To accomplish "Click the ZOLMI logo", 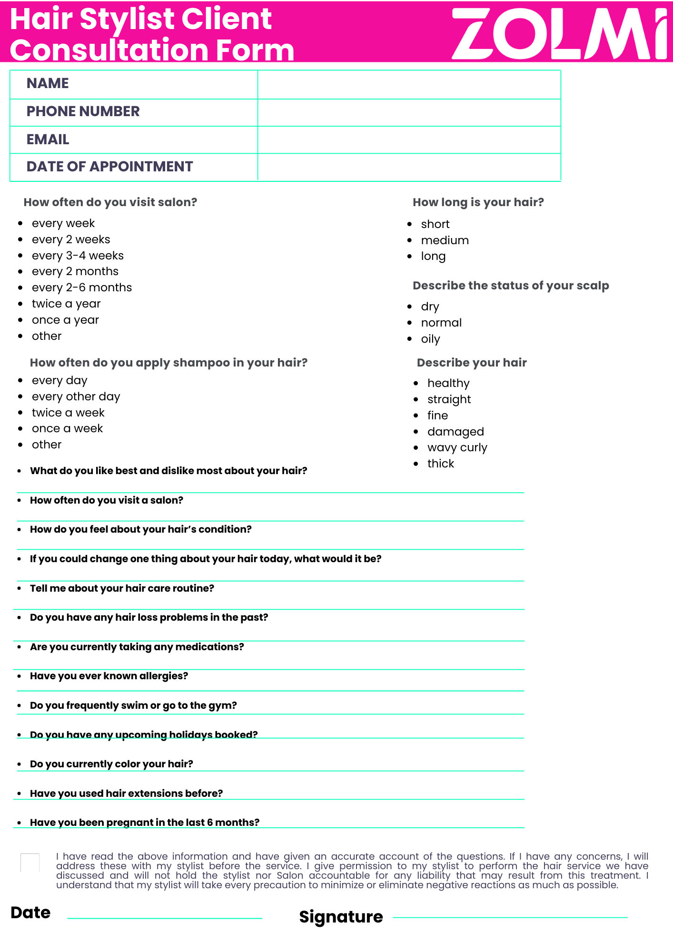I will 559,33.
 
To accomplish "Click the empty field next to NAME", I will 409,85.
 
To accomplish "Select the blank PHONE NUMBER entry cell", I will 409,112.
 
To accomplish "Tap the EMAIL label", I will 48,139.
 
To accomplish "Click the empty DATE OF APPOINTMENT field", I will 409,167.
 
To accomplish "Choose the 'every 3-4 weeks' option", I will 78,256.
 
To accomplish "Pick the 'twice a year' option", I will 66,304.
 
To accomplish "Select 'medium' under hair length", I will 445,240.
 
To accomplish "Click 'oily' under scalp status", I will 430,339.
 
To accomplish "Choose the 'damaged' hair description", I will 455,432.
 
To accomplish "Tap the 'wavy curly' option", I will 457,448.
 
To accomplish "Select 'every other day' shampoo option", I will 76,397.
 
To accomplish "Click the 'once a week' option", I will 67,428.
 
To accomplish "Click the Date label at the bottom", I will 30,912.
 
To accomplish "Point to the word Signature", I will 341,917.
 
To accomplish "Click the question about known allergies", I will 109,676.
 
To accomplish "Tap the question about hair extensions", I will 126,793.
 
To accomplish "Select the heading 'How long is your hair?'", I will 478,202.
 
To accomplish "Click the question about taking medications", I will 137,647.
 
